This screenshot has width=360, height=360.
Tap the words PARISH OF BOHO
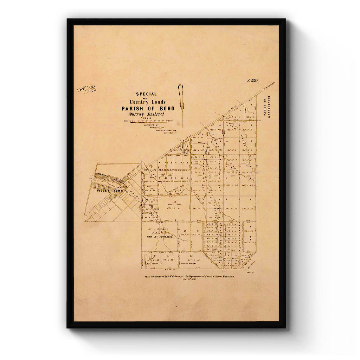pyautogui.click(x=148, y=109)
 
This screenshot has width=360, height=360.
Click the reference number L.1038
pyautogui.click(x=252, y=81)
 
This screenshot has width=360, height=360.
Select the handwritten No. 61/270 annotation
pyautogui.click(x=86, y=89)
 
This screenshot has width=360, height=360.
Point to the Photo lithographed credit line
pyautogui.click(x=189, y=277)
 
